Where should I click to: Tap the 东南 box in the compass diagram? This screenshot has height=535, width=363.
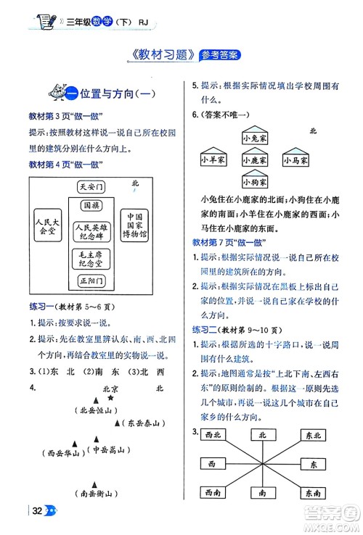pyautogui.click(x=314, y=492)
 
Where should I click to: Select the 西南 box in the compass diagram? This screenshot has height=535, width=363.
pyautogui.click(x=213, y=492)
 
